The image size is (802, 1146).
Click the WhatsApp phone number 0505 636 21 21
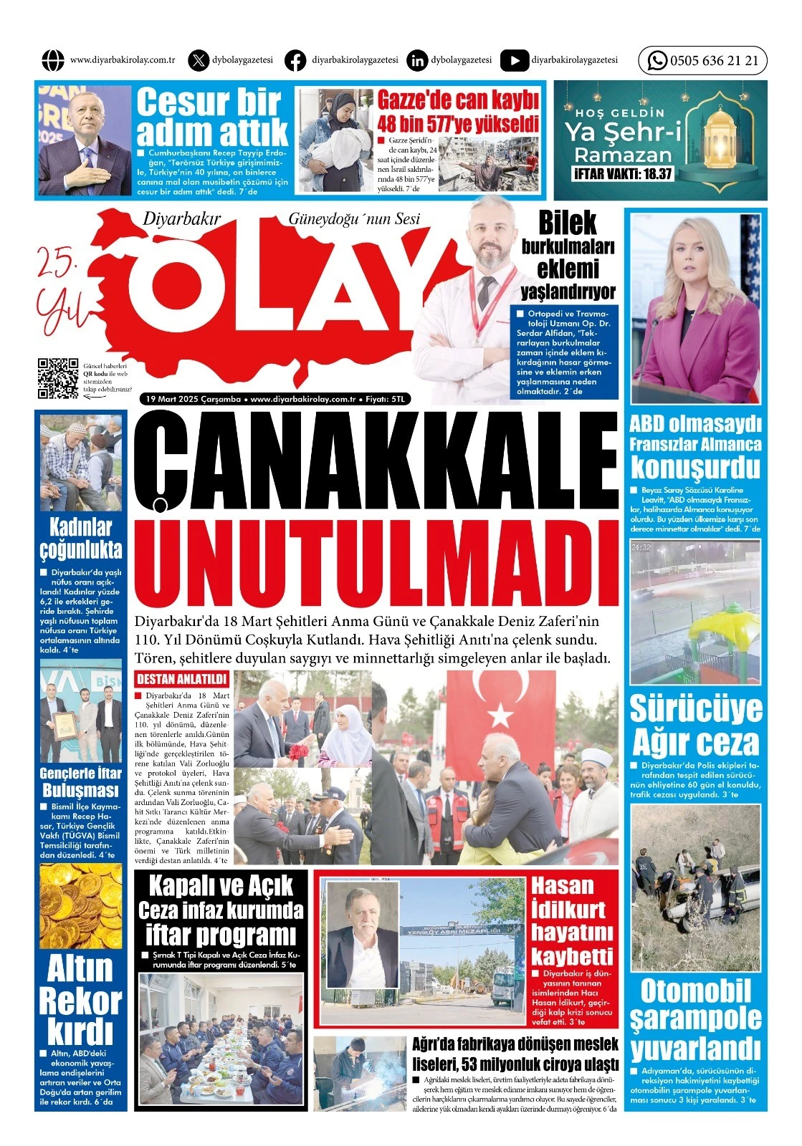coord(713,61)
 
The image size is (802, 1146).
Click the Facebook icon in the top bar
coord(295,61)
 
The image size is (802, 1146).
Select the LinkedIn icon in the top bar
coord(416,61)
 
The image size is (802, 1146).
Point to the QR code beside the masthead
coord(57,377)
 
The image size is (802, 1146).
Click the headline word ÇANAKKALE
coord(376,462)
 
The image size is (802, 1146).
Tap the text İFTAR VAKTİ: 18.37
coord(622,173)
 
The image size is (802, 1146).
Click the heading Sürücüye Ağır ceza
coord(695,725)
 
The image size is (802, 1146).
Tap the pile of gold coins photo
coord(80,906)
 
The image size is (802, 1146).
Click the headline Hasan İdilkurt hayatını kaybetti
coord(571,920)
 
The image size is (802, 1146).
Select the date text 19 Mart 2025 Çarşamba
coord(192,399)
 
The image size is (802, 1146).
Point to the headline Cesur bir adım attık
coord(211,116)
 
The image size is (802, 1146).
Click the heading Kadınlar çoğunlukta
coord(80,538)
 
